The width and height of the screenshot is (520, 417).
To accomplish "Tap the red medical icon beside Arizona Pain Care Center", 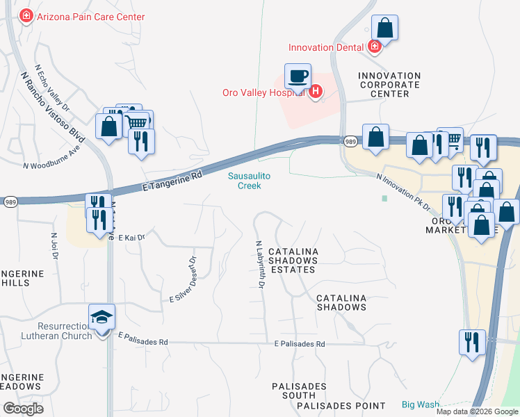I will click(x=26, y=16).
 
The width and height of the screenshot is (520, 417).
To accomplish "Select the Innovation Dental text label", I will click(x=327, y=47).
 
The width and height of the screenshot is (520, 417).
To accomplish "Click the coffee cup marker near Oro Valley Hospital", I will click(x=298, y=76).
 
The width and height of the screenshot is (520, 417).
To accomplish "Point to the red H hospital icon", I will click(x=316, y=91).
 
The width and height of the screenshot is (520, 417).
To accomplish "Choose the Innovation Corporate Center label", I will click(x=389, y=85).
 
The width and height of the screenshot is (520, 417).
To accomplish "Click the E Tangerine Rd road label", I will click(x=172, y=181).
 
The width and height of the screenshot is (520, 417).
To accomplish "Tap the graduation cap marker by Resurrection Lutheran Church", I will click(x=102, y=318).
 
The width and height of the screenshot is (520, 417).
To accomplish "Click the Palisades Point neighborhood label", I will click(x=341, y=405).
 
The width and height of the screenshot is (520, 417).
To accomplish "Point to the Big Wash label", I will click(x=421, y=404).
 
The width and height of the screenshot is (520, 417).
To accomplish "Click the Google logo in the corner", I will click(x=24, y=409).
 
